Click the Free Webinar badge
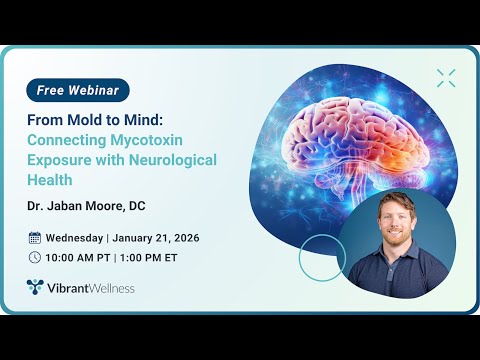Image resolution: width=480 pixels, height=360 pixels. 78,90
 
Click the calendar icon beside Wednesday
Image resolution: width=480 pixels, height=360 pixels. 34,238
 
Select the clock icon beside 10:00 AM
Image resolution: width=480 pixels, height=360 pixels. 34,257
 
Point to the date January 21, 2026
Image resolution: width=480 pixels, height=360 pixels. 158,238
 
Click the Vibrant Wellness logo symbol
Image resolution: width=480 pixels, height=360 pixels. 35,288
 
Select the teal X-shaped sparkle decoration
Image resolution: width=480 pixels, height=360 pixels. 445,77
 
